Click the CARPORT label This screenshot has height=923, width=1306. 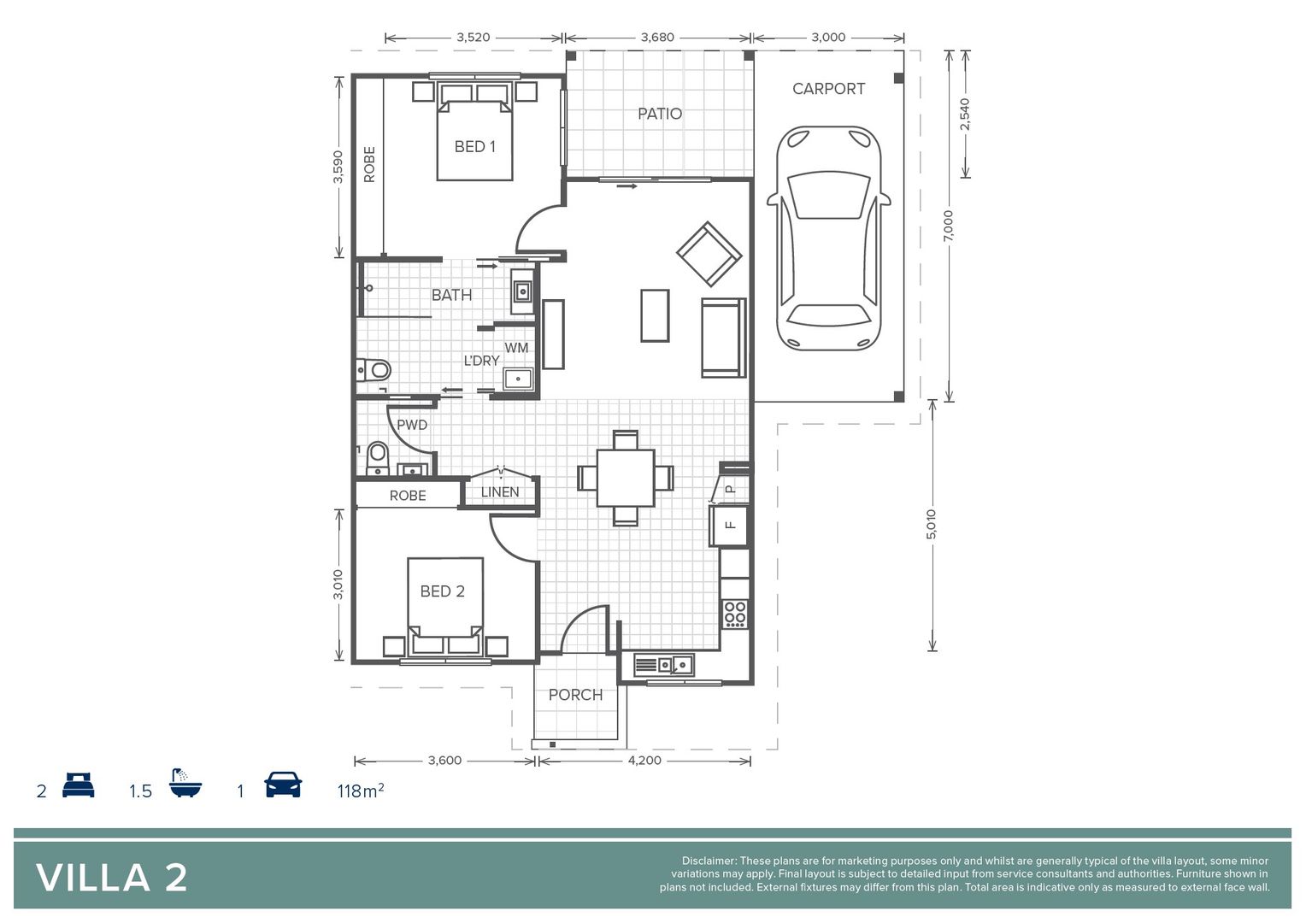(x=827, y=89)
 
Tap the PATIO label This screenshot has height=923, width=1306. (x=659, y=114)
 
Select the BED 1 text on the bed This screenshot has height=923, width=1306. (x=474, y=147)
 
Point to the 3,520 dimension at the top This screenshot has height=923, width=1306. (x=473, y=38)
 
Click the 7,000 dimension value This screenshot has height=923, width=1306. (x=948, y=226)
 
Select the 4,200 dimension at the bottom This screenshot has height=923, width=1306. (x=644, y=761)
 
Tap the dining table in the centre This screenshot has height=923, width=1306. (x=626, y=478)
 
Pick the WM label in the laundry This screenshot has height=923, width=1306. (x=516, y=348)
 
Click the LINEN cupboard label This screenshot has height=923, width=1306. (x=499, y=492)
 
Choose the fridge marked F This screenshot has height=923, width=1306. (x=729, y=525)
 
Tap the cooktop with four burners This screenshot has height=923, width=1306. (x=734, y=614)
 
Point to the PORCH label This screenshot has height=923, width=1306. (x=575, y=695)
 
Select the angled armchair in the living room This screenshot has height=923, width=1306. (x=709, y=254)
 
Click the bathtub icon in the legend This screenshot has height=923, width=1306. (x=185, y=783)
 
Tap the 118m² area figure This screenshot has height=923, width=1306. (x=360, y=791)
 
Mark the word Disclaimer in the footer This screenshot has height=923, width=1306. (x=708, y=861)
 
